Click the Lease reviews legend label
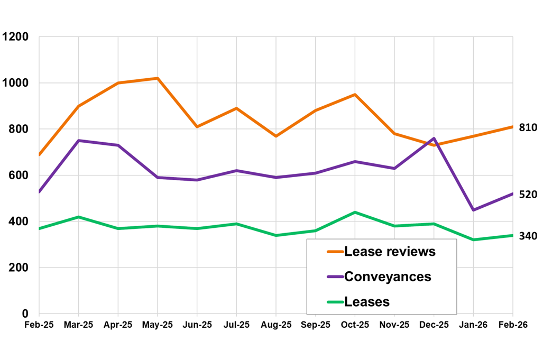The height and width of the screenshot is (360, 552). (x=390, y=252)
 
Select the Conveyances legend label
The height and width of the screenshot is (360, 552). (x=388, y=276)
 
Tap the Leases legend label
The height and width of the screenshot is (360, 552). (x=366, y=302)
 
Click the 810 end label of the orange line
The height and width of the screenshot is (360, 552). (x=528, y=127)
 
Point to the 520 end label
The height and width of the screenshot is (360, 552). (x=528, y=195)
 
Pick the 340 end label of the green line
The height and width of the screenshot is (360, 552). (x=528, y=236)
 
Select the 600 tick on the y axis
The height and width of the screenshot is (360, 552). (x=19, y=176)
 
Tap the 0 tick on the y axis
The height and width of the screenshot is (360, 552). (x=25, y=313)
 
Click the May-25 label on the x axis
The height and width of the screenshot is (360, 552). (x=158, y=325)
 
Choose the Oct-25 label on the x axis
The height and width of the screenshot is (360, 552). (x=355, y=325)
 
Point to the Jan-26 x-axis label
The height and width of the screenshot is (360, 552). (x=473, y=325)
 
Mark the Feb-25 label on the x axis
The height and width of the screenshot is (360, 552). (x=39, y=325)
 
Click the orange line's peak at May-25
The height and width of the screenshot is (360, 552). (x=158, y=78)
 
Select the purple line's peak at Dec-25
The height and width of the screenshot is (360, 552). (x=434, y=139)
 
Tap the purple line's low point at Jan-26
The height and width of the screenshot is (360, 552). (x=473, y=210)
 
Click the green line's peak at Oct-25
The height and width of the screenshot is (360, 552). (x=355, y=212)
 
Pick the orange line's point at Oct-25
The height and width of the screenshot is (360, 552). (x=355, y=95)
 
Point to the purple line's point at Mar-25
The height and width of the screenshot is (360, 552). (x=78, y=141)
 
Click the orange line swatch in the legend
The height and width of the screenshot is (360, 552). (x=335, y=252)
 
